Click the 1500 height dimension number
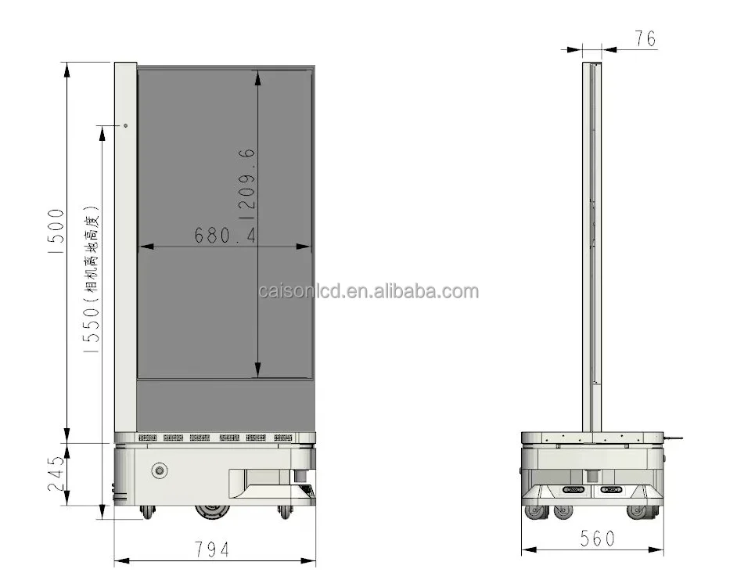56,232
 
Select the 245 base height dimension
56,474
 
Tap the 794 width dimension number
212,549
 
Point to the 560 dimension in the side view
597,539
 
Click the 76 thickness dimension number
645,38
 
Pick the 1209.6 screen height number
247,185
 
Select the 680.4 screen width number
225,235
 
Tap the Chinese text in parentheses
92,254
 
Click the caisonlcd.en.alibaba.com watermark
368,291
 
